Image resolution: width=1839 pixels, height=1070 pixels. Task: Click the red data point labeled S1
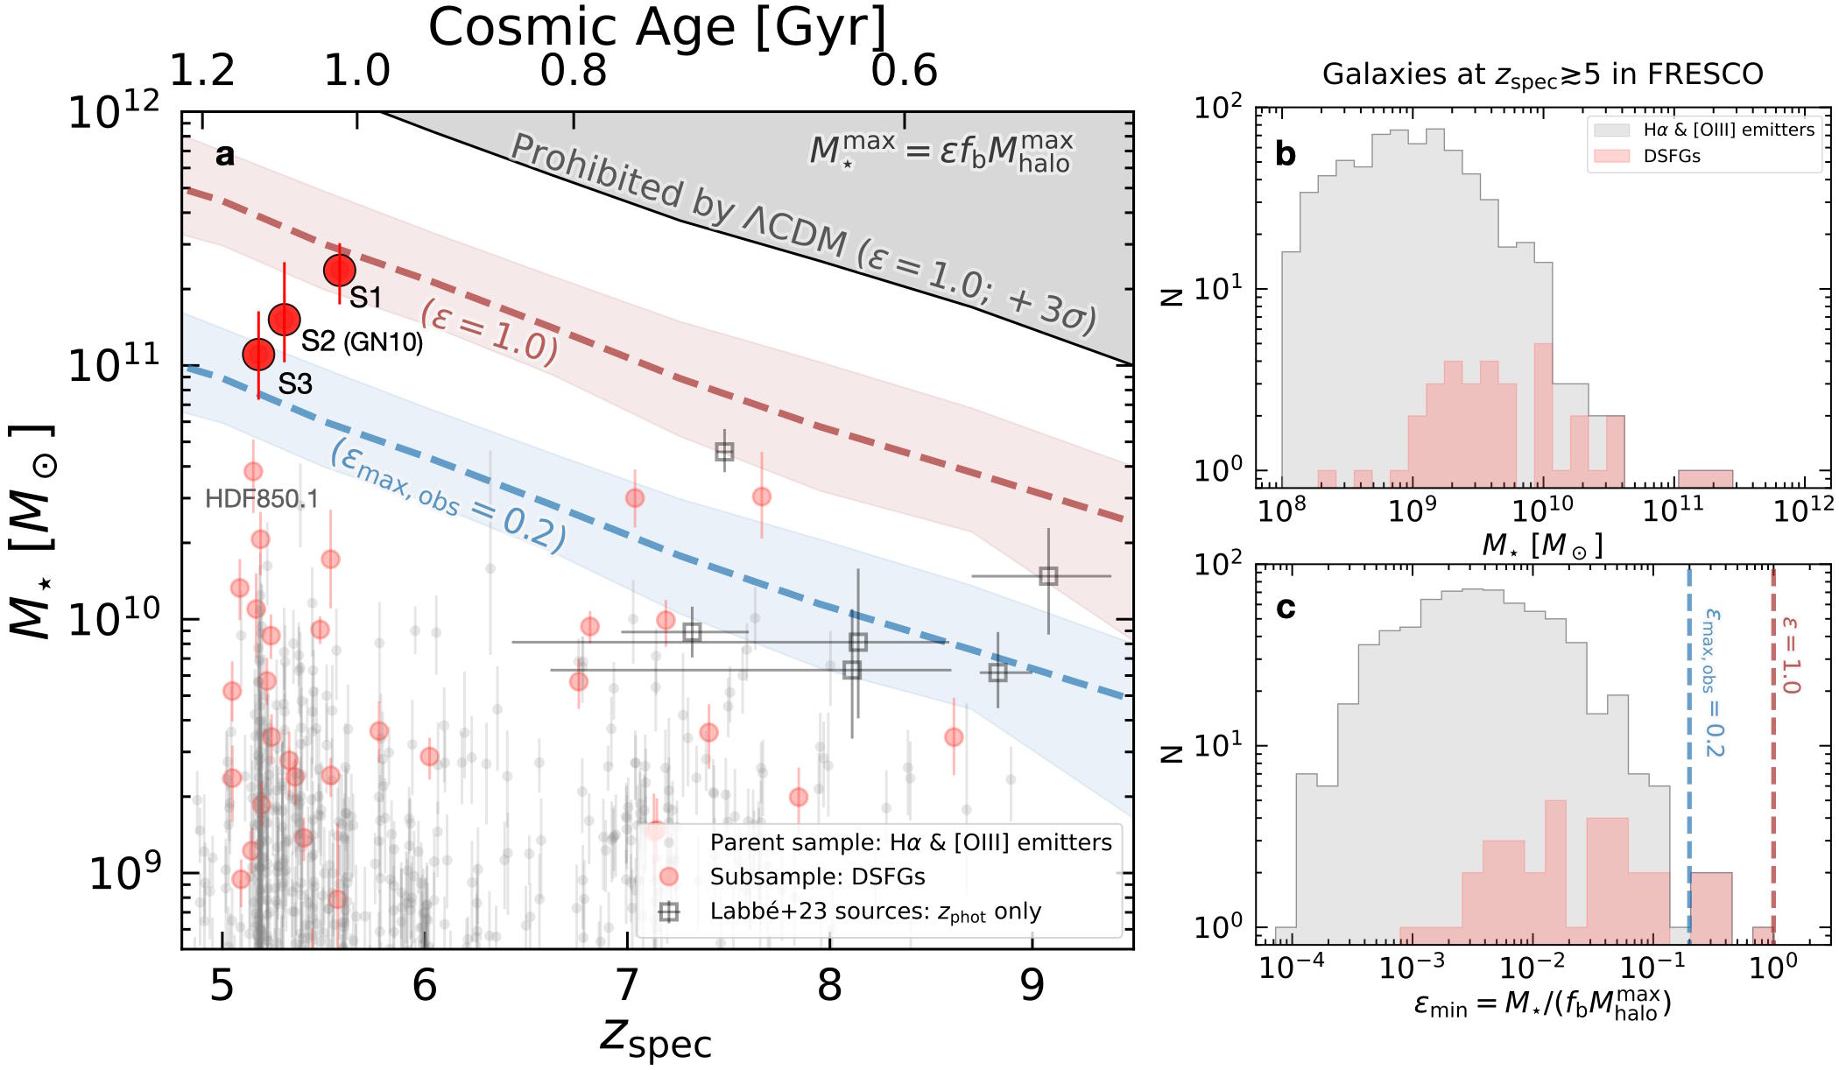tap(340, 271)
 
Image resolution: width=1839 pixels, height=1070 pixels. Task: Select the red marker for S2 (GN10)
tap(285, 320)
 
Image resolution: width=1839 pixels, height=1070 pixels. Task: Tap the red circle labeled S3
tap(258, 355)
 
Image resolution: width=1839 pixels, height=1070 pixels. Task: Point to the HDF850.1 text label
tap(261, 499)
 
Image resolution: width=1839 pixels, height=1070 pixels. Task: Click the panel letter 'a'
tap(225, 155)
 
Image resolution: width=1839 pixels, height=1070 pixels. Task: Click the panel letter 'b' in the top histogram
tap(1285, 154)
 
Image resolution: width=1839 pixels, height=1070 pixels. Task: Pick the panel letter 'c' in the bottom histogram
tap(1285, 607)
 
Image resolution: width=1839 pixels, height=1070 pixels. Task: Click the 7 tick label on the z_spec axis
tap(627, 986)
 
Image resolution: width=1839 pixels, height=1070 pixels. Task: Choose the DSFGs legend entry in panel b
tap(1671, 156)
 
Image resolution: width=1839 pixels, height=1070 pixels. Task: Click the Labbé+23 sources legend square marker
tap(669, 912)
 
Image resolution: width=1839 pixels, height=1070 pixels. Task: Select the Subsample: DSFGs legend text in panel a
tap(817, 876)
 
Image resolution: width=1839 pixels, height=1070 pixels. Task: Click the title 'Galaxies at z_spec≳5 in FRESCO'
tap(1542, 75)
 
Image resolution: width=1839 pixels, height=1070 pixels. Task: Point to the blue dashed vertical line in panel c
tap(1688, 788)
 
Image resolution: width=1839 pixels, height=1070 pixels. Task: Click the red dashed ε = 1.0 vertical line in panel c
tap(1773, 788)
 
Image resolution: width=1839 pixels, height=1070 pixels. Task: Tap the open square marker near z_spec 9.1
tap(1048, 576)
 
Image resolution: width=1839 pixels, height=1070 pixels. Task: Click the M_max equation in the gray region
tap(941, 151)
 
